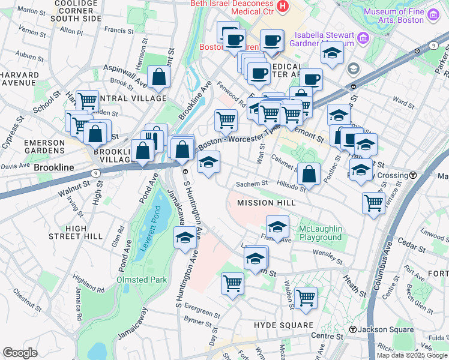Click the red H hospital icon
click(x=283, y=7)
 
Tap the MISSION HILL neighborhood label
click(x=266, y=203)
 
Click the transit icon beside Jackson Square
click(x=353, y=330)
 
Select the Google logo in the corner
click(x=20, y=352)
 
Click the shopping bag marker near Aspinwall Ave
click(x=158, y=77)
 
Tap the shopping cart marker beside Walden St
click(x=306, y=296)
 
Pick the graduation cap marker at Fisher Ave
click(x=277, y=227)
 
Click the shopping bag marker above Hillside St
click(x=309, y=174)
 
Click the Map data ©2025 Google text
click(x=412, y=355)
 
